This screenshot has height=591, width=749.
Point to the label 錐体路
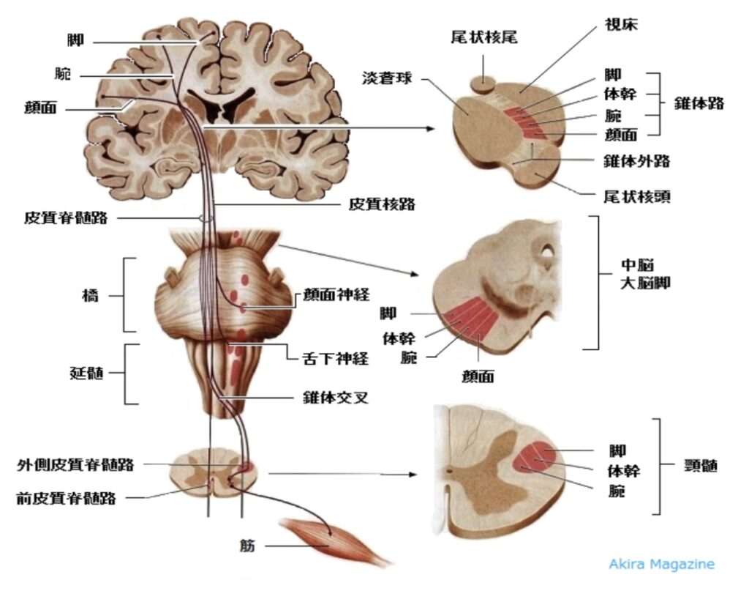coord(699,103)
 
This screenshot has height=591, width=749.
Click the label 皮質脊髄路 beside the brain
coord(65,218)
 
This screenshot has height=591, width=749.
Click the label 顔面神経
coord(336,295)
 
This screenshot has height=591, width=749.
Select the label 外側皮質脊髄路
coord(76,464)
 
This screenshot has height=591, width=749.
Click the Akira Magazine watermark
coord(661,564)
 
